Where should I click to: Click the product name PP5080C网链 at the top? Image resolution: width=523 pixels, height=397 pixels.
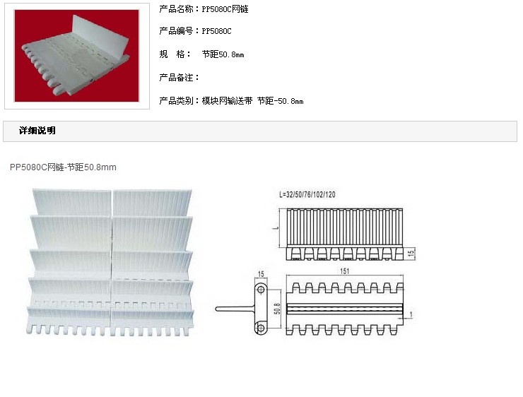[x=225, y=9]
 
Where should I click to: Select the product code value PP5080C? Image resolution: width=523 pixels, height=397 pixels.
[x=216, y=31]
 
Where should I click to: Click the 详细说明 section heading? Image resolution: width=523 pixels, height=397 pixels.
[x=37, y=131]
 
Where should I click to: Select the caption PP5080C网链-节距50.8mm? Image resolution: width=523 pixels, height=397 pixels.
[x=63, y=167]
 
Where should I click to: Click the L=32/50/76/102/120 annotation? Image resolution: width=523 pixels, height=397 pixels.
[x=307, y=194]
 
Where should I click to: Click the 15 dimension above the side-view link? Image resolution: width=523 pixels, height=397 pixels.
[x=260, y=273]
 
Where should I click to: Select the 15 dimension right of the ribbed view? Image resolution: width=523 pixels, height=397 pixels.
[x=411, y=252]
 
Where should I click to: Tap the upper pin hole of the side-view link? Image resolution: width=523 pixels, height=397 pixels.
[x=261, y=290]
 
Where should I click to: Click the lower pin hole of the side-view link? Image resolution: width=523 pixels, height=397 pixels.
[x=261, y=326]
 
